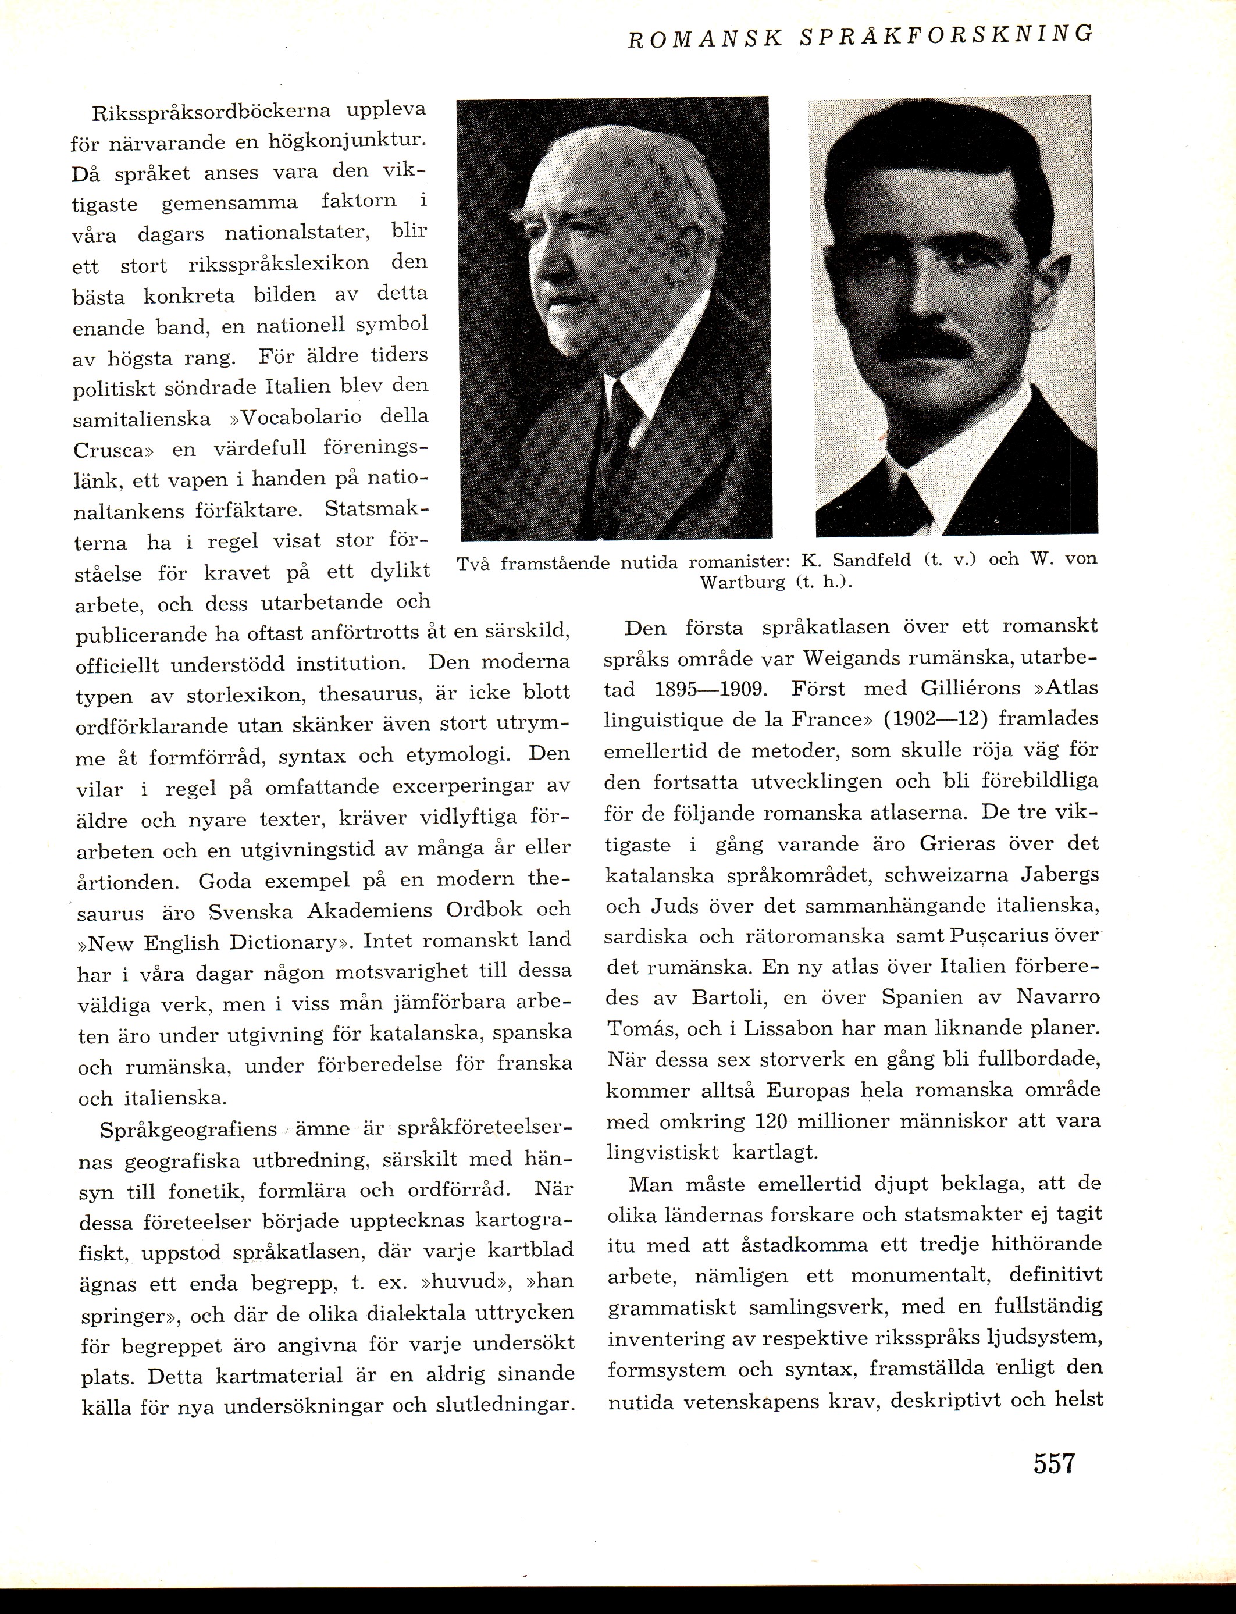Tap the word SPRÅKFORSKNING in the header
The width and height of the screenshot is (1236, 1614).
coord(945,36)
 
